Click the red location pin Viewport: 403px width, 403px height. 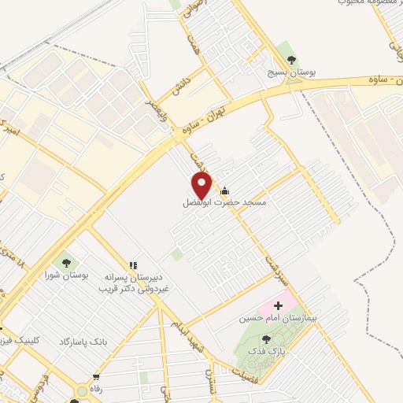pos(202,186)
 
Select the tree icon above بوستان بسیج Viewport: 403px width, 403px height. pos(293,60)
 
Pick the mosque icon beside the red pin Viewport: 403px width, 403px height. pos(225,190)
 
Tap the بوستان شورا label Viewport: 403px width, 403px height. pos(65,275)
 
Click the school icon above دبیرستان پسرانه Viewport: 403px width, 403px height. pos(134,266)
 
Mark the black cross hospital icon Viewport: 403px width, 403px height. pos(277,305)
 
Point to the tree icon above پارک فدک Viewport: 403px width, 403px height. pos(275,338)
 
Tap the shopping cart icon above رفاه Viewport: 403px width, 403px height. pos(96,377)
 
